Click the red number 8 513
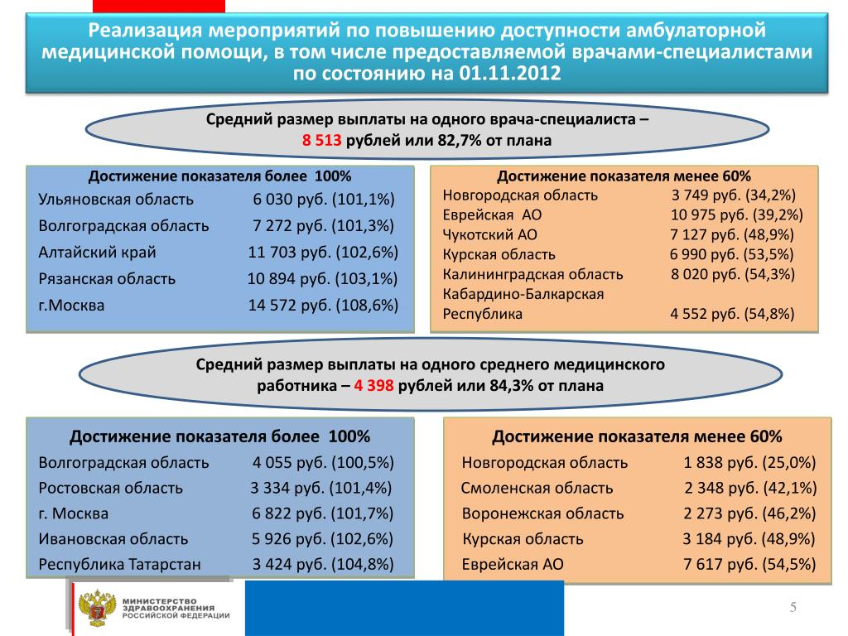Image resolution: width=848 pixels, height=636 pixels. click(x=322, y=141)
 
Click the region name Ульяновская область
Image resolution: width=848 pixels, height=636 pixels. click(x=116, y=200)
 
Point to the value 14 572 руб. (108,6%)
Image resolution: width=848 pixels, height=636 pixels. click(x=323, y=305)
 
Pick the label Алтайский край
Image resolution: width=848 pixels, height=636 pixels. click(x=97, y=253)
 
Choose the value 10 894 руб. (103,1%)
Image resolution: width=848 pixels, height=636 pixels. click(x=323, y=279)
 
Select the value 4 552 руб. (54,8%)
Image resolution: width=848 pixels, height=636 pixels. click(x=733, y=314)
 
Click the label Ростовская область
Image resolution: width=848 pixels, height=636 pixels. click(x=110, y=488)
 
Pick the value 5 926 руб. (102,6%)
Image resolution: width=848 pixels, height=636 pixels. click(x=322, y=539)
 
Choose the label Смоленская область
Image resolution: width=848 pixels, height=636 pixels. click(x=537, y=488)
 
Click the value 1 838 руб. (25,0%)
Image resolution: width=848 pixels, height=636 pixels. click(x=749, y=462)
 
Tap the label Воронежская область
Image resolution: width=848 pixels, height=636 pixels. click(x=542, y=513)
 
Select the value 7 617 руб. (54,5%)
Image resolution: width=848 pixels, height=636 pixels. click(x=749, y=565)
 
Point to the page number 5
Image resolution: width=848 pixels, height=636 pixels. click(x=793, y=609)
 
